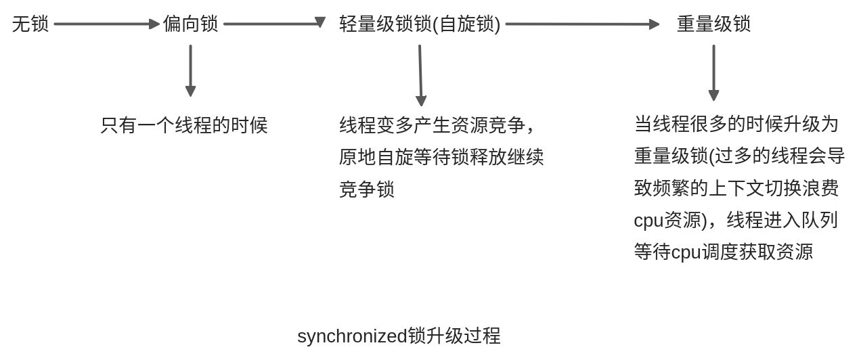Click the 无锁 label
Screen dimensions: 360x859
(x=30, y=24)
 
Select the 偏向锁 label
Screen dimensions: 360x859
(x=191, y=24)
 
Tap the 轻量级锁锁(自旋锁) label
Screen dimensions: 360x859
(x=420, y=24)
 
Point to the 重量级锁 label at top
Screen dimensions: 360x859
(x=713, y=24)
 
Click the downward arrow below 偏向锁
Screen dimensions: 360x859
(x=190, y=70)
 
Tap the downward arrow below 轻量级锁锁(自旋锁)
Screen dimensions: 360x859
(x=420, y=75)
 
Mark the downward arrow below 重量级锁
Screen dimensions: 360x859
(x=713, y=72)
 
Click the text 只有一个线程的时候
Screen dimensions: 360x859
(x=184, y=125)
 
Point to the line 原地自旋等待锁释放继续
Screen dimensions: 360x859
(x=441, y=157)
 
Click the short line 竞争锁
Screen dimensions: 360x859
(x=366, y=189)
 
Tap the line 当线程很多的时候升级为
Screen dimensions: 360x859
(x=736, y=124)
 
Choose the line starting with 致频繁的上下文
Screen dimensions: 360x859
(x=736, y=188)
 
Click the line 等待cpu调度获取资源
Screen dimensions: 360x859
(x=723, y=252)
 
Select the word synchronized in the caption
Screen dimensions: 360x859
(x=352, y=336)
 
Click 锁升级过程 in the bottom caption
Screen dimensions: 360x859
(x=454, y=336)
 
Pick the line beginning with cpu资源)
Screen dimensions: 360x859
(x=736, y=220)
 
